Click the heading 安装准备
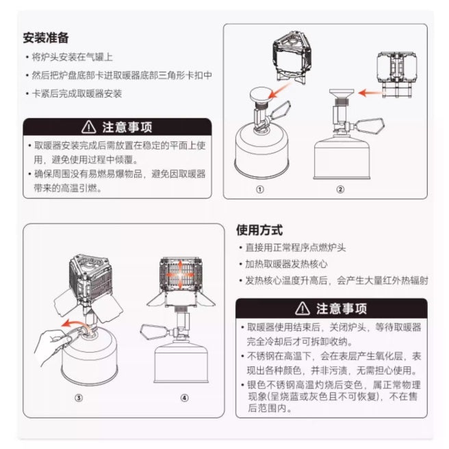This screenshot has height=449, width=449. [x=46, y=38]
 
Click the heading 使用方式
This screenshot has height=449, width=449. [x=259, y=230]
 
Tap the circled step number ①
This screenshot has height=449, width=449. [x=260, y=189]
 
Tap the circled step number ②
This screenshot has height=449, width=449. [x=340, y=189]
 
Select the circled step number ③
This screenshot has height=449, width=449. [x=79, y=398]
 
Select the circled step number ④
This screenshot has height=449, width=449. [x=184, y=398]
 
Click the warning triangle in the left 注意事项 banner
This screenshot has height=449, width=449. [x=88, y=127]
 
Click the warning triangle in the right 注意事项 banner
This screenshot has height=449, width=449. [x=303, y=308]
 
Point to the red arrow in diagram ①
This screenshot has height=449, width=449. [x=279, y=90]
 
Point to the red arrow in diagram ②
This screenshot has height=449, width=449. [x=370, y=93]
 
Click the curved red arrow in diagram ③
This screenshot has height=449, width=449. [x=73, y=324]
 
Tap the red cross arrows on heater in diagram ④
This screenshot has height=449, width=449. [x=180, y=274]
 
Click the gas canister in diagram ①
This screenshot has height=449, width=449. [x=261, y=152]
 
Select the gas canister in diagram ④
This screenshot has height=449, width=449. [x=181, y=360]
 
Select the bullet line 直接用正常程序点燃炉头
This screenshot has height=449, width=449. [x=293, y=247]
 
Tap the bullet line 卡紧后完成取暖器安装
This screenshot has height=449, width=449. [x=74, y=94]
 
